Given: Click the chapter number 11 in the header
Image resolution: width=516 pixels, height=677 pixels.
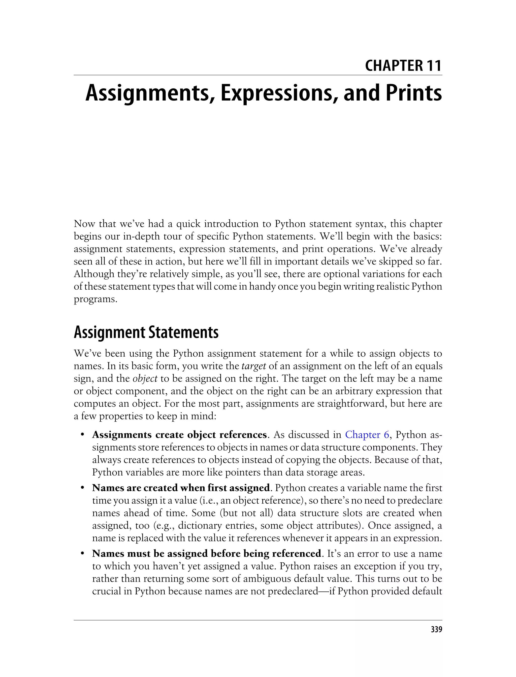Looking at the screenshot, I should pyautogui.click(x=434, y=66).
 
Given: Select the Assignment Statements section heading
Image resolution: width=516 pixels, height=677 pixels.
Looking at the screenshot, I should pyautogui.click(x=146, y=332).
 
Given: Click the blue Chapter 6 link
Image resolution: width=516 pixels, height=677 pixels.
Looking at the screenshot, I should pyautogui.click(x=367, y=435).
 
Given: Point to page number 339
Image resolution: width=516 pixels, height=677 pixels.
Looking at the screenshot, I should pyautogui.click(x=436, y=629).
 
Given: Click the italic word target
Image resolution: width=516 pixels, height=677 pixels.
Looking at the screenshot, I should pyautogui.click(x=253, y=366).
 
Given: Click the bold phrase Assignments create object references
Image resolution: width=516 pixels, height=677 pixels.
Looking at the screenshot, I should pyautogui.click(x=179, y=435).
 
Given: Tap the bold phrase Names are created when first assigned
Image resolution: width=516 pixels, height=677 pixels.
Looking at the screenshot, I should pyautogui.click(x=181, y=488).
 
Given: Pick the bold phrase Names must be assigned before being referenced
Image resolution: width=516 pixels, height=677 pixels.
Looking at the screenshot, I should pyautogui.click(x=206, y=554).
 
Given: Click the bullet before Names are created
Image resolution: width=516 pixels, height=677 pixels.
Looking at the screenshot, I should pyautogui.click(x=82, y=488).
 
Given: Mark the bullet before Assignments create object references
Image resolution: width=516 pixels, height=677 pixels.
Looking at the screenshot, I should pyautogui.click(x=82, y=435).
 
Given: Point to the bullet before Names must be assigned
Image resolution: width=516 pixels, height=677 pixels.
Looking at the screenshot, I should pyautogui.click(x=82, y=554).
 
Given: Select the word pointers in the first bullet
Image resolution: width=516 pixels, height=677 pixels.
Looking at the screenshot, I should pyautogui.click(x=244, y=472).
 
